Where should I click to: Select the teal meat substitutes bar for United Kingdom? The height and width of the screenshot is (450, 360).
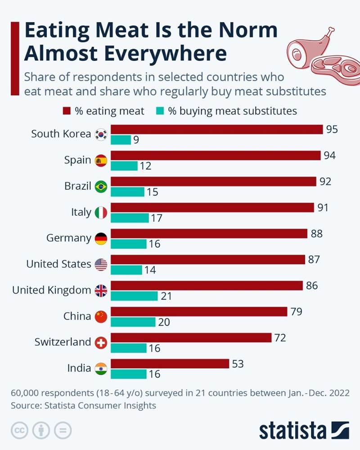pyautogui.click(x=134, y=296)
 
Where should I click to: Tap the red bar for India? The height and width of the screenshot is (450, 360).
pyautogui.click(x=170, y=364)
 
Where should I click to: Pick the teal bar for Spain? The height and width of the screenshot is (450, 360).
pyautogui.click(x=124, y=166)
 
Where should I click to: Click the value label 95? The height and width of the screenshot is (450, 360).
pyautogui.click(x=332, y=129)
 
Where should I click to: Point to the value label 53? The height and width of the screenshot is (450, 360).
pyautogui.click(x=238, y=364)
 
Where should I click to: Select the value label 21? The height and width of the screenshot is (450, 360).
pyautogui.click(x=166, y=296)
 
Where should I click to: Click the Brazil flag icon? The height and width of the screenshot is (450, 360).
pyautogui.click(x=101, y=186)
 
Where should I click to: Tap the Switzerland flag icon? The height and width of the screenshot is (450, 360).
pyautogui.click(x=101, y=343)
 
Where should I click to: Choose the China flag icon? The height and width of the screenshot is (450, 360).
pyautogui.click(x=101, y=317)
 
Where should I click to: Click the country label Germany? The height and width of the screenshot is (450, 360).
pyautogui.click(x=69, y=238)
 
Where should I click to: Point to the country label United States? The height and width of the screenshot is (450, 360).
pyautogui.click(x=58, y=264)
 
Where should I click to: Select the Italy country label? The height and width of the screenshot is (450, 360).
pyautogui.click(x=81, y=212)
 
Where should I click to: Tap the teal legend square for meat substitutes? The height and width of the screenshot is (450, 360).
pyautogui.click(x=160, y=111)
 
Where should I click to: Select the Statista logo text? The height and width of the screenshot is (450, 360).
pyautogui.click(x=292, y=431)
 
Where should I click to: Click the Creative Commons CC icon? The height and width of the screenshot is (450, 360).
pyautogui.click(x=19, y=431)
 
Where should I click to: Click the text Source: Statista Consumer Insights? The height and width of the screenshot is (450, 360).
pyautogui.click(x=83, y=405)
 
